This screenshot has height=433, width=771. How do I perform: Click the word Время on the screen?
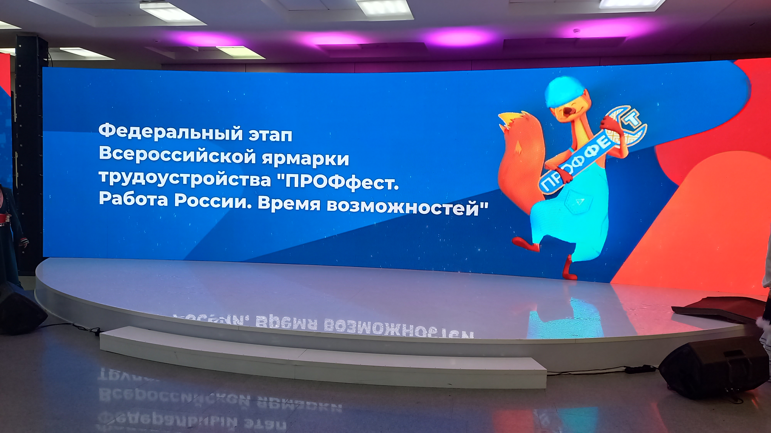coord(289,203)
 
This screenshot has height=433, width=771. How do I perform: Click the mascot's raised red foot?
coord(525,244)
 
